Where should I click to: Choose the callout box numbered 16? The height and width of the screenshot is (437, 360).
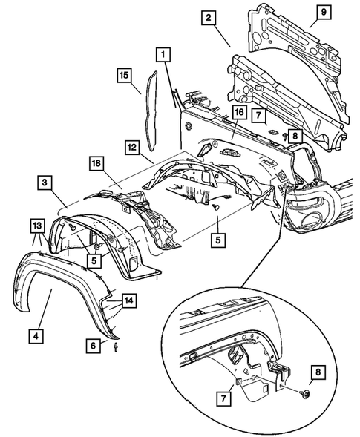[x=238, y=113]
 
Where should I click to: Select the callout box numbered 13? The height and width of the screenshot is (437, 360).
[x=37, y=225]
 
